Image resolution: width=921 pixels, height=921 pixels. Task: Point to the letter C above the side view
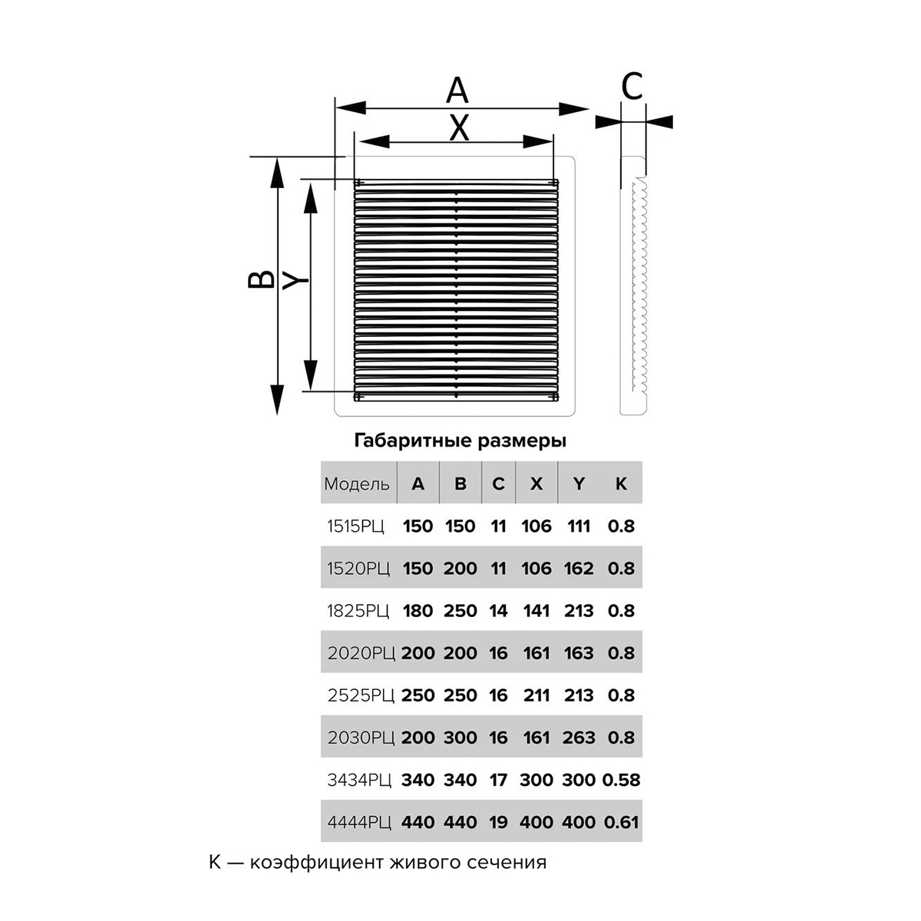tap(632, 87)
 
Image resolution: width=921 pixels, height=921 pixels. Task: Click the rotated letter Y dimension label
tap(295, 280)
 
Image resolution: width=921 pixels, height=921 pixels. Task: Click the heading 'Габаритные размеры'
tap(460, 441)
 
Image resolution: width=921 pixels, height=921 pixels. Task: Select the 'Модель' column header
tap(357, 484)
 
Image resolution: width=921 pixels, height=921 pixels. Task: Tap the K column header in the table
tap(621, 484)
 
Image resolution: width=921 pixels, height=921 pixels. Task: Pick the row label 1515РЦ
tap(355, 526)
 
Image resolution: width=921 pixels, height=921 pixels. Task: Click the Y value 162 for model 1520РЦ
tap(579, 568)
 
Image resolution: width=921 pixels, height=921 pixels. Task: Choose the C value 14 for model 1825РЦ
tap(498, 610)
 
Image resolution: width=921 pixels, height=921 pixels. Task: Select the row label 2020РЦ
tap(361, 653)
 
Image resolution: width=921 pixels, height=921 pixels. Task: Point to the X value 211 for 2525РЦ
tap(536, 695)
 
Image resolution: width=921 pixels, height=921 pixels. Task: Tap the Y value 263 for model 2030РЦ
tap(579, 738)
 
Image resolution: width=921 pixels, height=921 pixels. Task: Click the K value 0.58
tap(621, 780)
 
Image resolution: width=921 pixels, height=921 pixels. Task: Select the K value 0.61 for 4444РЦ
tap(621, 822)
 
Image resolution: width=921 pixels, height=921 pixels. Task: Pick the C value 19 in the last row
tap(498, 822)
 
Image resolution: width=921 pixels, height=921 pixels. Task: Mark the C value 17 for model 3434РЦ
tap(498, 780)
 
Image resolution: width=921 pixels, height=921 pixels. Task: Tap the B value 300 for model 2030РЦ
tap(460, 738)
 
